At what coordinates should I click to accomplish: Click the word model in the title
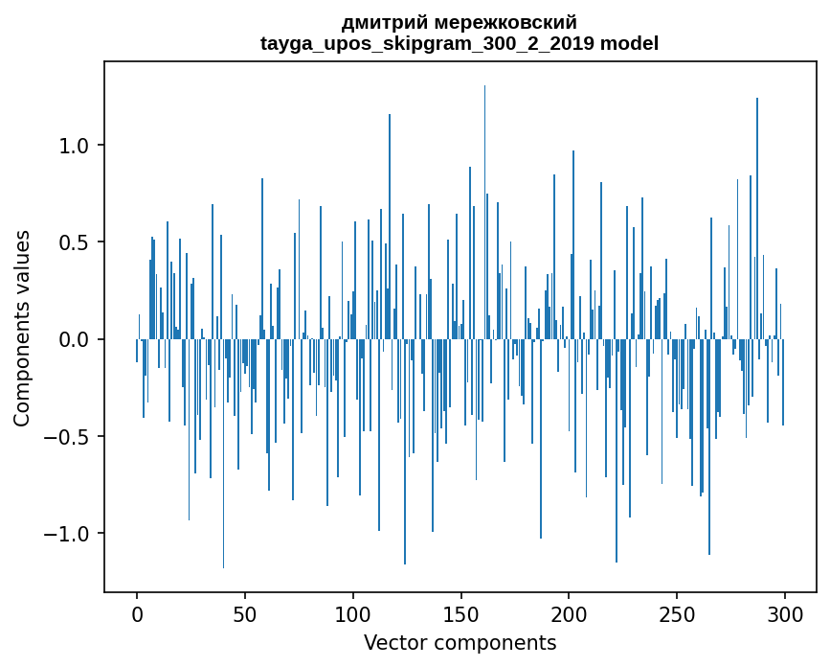click(629, 43)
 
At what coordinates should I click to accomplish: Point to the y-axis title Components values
click(22, 328)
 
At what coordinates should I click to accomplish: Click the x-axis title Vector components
click(460, 642)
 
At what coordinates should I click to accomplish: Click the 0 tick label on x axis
click(137, 613)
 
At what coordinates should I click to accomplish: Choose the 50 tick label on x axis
click(245, 613)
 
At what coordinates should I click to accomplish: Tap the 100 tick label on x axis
click(353, 613)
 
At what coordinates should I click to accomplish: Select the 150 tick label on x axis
click(461, 613)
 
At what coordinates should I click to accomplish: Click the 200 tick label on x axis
click(569, 613)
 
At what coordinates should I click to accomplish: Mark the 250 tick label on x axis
click(677, 613)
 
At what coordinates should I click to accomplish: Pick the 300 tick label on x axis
click(785, 613)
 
